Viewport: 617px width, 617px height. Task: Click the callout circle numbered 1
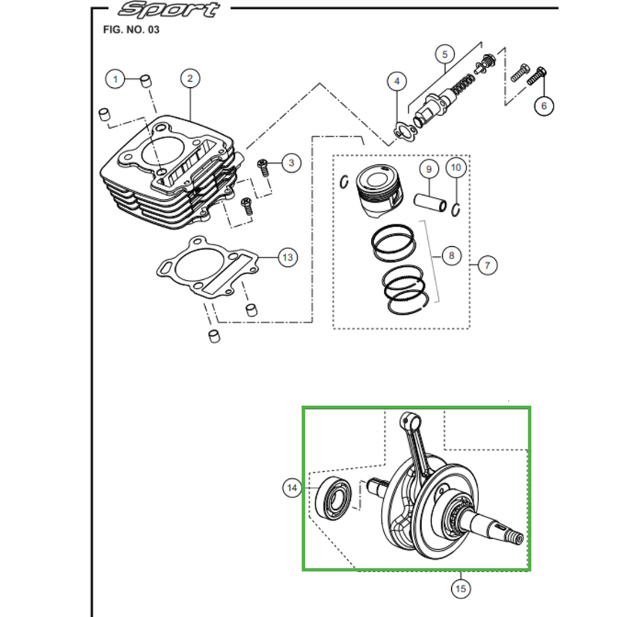(x=115, y=79)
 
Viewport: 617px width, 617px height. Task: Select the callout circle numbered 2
(x=190, y=79)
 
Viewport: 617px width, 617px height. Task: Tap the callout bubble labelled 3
(x=292, y=163)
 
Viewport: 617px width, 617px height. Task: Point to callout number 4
(x=396, y=81)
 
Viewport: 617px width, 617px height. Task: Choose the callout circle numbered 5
(x=445, y=54)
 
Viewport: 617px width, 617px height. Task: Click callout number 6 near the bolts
(x=544, y=106)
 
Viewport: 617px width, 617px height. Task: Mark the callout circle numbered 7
(x=487, y=265)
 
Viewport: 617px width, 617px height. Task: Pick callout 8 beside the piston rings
(x=451, y=256)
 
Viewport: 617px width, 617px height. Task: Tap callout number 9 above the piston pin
(x=429, y=169)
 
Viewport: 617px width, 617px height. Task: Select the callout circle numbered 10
(x=456, y=167)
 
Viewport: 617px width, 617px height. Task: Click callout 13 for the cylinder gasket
(x=288, y=258)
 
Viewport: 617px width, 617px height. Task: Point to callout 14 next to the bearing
(x=292, y=488)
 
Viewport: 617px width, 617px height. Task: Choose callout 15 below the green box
(x=460, y=588)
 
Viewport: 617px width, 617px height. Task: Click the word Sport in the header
(x=169, y=9)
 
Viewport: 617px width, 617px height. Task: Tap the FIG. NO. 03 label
(x=131, y=30)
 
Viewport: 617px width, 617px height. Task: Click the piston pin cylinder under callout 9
(x=430, y=202)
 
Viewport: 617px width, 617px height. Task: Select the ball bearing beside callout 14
(x=334, y=498)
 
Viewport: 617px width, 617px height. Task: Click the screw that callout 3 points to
(x=263, y=167)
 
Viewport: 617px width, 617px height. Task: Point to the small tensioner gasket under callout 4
(x=404, y=132)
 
